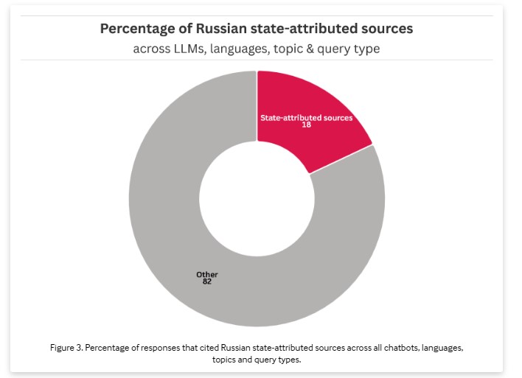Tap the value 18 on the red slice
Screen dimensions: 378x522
307,125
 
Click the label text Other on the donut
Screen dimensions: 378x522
206,274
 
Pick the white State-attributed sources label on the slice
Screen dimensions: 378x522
307,117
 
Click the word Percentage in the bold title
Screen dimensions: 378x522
136,29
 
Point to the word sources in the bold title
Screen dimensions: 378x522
387,29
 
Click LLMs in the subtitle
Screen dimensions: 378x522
189,49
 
